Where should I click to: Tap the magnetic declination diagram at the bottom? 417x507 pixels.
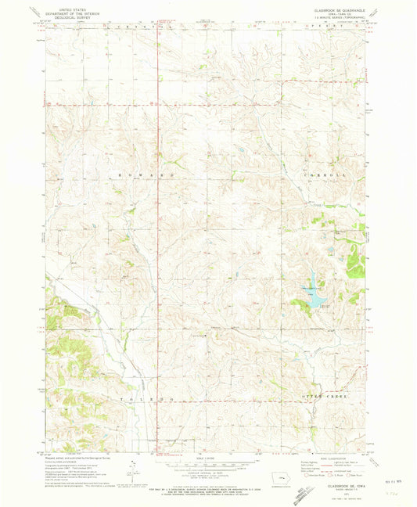click(130, 469)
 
